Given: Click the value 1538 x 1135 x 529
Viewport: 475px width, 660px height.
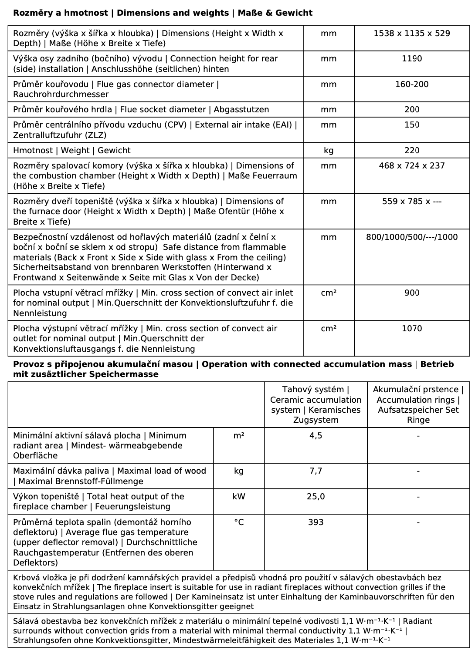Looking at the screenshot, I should click(411, 34).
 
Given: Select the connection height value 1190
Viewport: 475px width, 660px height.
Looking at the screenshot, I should click(411, 59).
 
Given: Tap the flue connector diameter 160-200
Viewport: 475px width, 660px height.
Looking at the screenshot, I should click(411, 84).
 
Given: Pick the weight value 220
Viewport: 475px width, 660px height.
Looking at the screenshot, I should click(411, 151).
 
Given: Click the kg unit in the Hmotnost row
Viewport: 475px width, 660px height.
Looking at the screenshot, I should click(329, 151).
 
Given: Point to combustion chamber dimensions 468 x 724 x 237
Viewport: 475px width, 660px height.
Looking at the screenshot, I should click(411, 166).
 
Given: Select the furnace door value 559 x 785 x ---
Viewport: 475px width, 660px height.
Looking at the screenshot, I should click(411, 202).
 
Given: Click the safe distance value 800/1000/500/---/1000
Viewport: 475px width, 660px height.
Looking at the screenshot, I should click(411, 237).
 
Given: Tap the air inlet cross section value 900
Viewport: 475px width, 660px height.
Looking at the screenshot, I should click(411, 293).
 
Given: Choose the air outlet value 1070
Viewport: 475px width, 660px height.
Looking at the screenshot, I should click(411, 329).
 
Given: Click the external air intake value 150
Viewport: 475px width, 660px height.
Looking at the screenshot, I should click(411, 125).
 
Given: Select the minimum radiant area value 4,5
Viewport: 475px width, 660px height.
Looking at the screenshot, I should click(316, 436).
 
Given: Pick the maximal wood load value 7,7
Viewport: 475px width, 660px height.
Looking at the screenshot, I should click(316, 471).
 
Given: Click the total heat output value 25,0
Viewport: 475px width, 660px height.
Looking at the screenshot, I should click(316, 497).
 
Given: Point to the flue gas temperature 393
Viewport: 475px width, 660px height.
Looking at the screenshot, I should click(316, 522).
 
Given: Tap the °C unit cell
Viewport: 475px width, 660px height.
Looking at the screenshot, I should click(239, 522).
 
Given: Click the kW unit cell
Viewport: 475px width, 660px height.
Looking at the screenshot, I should click(239, 497).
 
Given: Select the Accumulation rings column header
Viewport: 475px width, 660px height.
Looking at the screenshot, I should click(418, 405).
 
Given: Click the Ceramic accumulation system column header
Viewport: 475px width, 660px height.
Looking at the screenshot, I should click(316, 405).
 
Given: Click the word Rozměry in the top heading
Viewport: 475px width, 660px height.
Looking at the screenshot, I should click(29, 13).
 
